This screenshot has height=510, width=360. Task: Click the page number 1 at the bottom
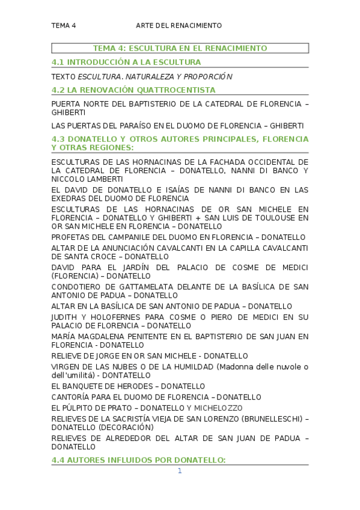coord(179,470)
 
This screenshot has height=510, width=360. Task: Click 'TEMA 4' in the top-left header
coord(64,25)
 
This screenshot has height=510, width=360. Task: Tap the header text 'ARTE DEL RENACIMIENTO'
coord(179,25)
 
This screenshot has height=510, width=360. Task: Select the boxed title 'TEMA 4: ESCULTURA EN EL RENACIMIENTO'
coord(180,48)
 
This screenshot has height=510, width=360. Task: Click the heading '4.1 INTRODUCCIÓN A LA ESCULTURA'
coord(126,62)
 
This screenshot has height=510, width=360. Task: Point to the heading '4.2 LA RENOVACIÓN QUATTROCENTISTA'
coord(133,90)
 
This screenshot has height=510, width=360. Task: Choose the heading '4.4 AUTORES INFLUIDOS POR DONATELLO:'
coord(138,460)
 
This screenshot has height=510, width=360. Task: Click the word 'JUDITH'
coord(66,317)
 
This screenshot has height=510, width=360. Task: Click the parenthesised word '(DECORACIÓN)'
coord(126,427)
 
